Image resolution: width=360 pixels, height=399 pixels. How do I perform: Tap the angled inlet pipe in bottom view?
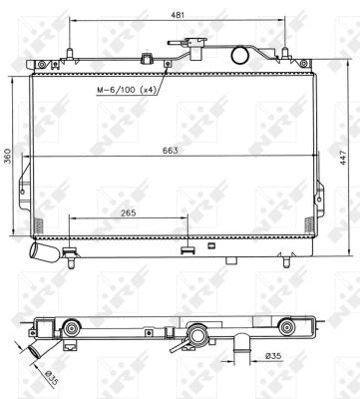39,352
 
